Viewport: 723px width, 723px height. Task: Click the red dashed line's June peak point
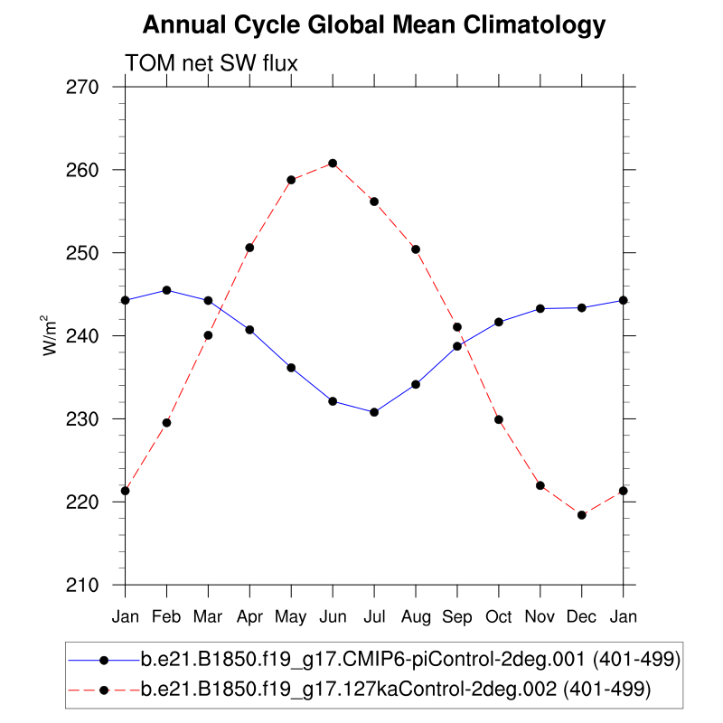pos(333,164)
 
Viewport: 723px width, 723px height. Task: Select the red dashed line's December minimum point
pos(582,515)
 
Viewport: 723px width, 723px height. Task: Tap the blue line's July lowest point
pos(374,412)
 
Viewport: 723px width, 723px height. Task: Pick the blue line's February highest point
pos(166,290)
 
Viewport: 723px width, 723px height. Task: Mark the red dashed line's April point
pos(249,248)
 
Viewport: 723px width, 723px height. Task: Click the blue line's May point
pos(291,368)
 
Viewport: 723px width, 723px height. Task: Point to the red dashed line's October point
pos(499,419)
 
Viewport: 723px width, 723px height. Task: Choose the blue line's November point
pos(540,308)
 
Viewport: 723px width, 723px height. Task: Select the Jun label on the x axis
pos(333,616)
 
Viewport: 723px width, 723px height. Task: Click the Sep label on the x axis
pos(457,616)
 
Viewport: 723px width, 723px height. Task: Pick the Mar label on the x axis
pos(208,616)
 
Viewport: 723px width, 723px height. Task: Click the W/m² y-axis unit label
pos(52,336)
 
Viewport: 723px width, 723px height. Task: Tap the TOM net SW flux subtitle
pos(211,63)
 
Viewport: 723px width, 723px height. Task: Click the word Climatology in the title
pos(534,25)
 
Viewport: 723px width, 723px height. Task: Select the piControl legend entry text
pos(410,660)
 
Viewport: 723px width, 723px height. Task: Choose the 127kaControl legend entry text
pos(395,690)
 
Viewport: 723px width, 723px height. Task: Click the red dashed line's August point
pos(416,249)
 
